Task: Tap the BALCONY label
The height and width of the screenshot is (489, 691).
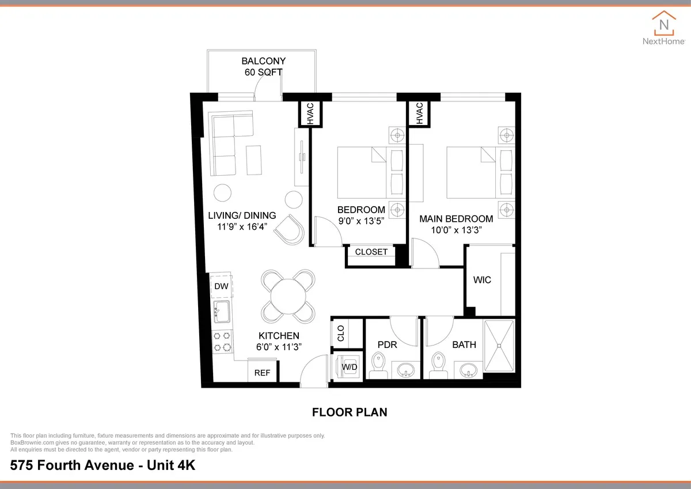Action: [x=263, y=61]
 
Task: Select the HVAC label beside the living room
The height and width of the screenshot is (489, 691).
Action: [x=310, y=113]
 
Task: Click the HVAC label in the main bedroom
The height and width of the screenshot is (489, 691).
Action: [x=419, y=113]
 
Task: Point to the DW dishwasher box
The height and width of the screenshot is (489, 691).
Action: [x=221, y=286]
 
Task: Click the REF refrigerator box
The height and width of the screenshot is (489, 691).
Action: [x=262, y=373]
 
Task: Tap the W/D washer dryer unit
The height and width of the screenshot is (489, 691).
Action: [x=349, y=367]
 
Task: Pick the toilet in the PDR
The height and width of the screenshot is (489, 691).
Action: [x=379, y=364]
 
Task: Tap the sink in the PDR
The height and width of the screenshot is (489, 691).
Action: [x=408, y=369]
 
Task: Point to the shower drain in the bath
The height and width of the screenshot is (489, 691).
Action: [x=499, y=346]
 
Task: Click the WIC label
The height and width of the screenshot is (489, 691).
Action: [x=481, y=280]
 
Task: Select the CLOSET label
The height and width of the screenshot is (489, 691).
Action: [x=371, y=252]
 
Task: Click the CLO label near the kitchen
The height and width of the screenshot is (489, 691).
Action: [x=341, y=333]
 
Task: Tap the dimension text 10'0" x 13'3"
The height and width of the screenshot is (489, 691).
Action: [x=455, y=229]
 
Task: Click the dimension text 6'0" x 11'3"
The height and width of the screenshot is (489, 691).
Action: [x=279, y=347]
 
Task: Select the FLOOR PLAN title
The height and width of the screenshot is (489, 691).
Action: [x=349, y=412]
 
